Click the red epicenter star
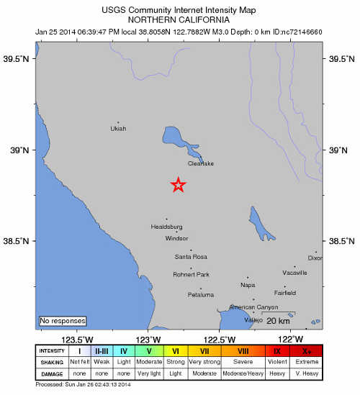point(179,185)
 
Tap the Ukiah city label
point(118,129)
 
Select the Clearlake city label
point(201,163)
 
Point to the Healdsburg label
point(166,227)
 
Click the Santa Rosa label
point(191,257)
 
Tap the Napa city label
point(247,285)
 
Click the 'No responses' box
point(63,320)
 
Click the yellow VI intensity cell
point(176,350)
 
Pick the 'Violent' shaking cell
point(277,362)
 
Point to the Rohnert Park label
point(192,275)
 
